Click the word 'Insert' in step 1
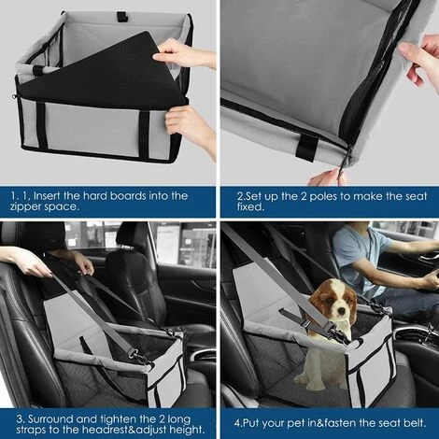click(62, 195)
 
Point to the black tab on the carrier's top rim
click(120, 17)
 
